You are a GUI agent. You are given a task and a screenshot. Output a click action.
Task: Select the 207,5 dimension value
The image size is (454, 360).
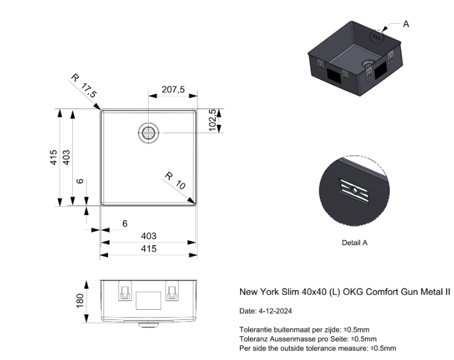pyautogui.click(x=173, y=90)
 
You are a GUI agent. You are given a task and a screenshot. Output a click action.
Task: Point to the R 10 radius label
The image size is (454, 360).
pyautogui.click(x=176, y=181)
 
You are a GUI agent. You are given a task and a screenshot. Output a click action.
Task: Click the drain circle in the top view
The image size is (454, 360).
pyautogui.click(x=149, y=132)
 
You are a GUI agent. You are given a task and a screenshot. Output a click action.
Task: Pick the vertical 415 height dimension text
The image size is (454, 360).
pyautogui.click(x=54, y=157)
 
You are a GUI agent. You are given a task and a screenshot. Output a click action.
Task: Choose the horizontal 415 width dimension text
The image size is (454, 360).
pyautogui.click(x=149, y=248)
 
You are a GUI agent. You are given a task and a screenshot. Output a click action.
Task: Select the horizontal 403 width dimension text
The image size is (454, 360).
pyautogui.click(x=149, y=236)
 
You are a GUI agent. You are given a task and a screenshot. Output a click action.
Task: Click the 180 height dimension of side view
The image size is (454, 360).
pyautogui.click(x=80, y=300)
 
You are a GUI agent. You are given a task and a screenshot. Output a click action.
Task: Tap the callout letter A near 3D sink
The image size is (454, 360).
pyautogui.click(x=406, y=24)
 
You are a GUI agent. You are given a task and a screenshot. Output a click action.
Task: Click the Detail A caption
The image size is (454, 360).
pyautogui.click(x=354, y=242)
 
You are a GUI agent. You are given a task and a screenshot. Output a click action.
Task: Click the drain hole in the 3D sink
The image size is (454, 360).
pyautogui.click(x=367, y=64)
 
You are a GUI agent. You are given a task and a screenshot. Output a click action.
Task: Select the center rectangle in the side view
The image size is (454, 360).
pyautogui.click(x=149, y=300)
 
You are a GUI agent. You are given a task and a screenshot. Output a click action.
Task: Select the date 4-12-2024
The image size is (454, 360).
pyautogui.click(x=275, y=311)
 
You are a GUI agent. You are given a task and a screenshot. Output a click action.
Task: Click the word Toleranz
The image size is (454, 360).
pyautogui.click(x=254, y=339)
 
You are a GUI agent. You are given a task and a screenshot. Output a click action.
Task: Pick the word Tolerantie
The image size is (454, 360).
pyautogui.click(x=255, y=330)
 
